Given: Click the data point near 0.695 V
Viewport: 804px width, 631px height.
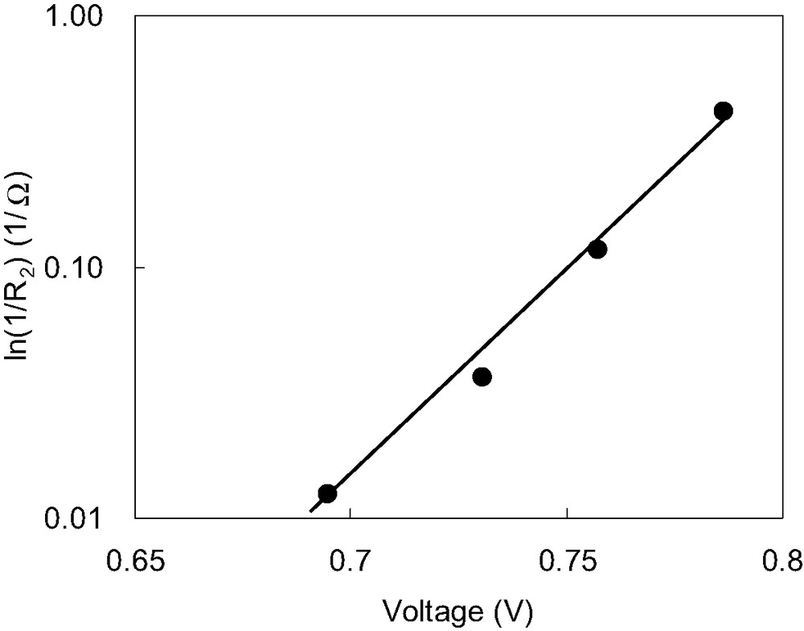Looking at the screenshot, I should click(327, 493).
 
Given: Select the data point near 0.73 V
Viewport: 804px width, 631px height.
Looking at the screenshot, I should click(482, 377).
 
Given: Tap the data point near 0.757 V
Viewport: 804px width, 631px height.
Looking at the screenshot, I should click(597, 250).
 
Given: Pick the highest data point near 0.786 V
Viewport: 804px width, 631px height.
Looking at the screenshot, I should click(723, 111).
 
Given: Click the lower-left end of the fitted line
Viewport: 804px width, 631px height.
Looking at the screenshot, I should click(310, 510).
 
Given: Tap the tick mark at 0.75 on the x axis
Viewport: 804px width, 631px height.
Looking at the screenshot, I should click(567, 513).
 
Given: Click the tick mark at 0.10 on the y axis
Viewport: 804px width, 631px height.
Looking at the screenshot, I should click(139, 267).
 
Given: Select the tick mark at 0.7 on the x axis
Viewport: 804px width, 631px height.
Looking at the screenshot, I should click(351, 513).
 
